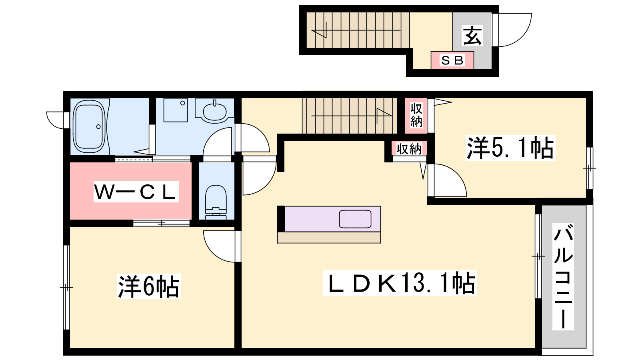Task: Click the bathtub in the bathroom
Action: click(89, 126)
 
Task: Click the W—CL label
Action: click(136, 192)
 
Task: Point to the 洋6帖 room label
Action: click(149, 286)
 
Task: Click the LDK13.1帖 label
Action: click(400, 283)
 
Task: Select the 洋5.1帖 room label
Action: click(510, 148)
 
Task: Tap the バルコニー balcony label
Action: click(563, 276)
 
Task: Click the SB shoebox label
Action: click(452, 60)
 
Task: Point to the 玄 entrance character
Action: click(472, 36)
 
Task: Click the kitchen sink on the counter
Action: click(355, 219)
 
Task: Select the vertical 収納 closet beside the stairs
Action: click(416, 116)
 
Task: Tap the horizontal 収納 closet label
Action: click(409, 148)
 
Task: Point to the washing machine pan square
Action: click(176, 110)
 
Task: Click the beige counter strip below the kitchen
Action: click(329, 238)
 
